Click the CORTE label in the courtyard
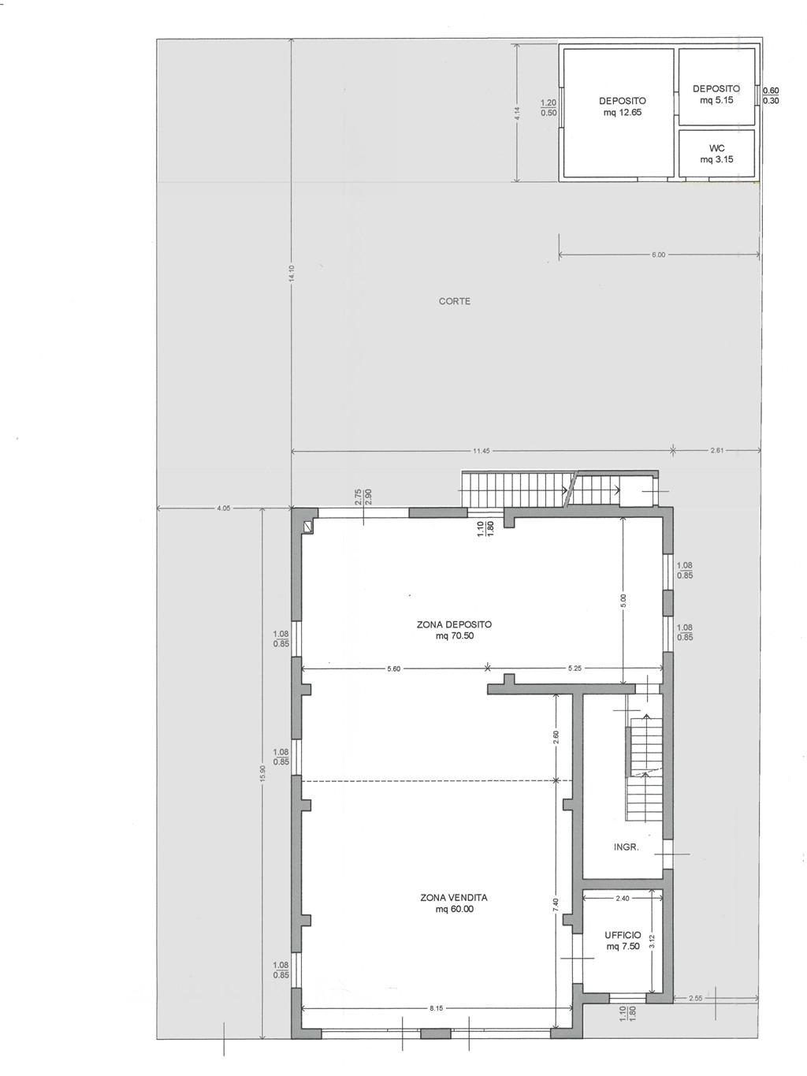point(454,301)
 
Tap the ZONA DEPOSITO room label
point(454,624)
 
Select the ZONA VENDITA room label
point(454,898)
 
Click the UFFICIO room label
point(623,935)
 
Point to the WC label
point(716,148)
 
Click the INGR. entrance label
point(627,847)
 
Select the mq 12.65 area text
point(623,112)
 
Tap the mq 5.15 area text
point(716,100)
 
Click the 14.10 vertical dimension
point(292,273)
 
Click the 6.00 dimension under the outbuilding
point(659,255)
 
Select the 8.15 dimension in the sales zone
point(436,1008)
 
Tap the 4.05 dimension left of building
point(224,508)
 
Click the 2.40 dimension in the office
point(623,898)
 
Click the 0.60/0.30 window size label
point(771,95)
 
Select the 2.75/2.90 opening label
point(363,497)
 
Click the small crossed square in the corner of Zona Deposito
point(307,527)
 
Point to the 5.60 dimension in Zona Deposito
point(393,668)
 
